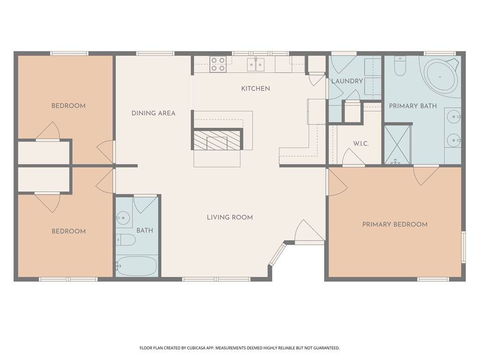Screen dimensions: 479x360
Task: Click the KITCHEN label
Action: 255,89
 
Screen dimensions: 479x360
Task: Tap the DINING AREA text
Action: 153,113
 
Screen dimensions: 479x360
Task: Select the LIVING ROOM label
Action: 230,217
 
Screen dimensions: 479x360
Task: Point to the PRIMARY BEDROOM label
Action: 395,225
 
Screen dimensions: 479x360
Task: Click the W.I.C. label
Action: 361,143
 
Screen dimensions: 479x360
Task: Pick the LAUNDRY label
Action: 347,81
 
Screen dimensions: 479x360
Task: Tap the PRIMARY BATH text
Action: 413,106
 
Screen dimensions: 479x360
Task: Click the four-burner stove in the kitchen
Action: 218,64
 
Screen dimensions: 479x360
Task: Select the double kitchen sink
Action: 256,64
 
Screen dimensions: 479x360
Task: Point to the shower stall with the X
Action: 397,144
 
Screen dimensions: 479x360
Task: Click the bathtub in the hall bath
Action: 137,266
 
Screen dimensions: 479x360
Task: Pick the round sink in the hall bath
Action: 123,218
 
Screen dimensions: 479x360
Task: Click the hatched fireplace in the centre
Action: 217,140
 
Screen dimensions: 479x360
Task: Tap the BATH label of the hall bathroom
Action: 145,230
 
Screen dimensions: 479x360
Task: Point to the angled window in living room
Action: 277,254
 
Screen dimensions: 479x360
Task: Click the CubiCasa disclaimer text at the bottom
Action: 239,348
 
